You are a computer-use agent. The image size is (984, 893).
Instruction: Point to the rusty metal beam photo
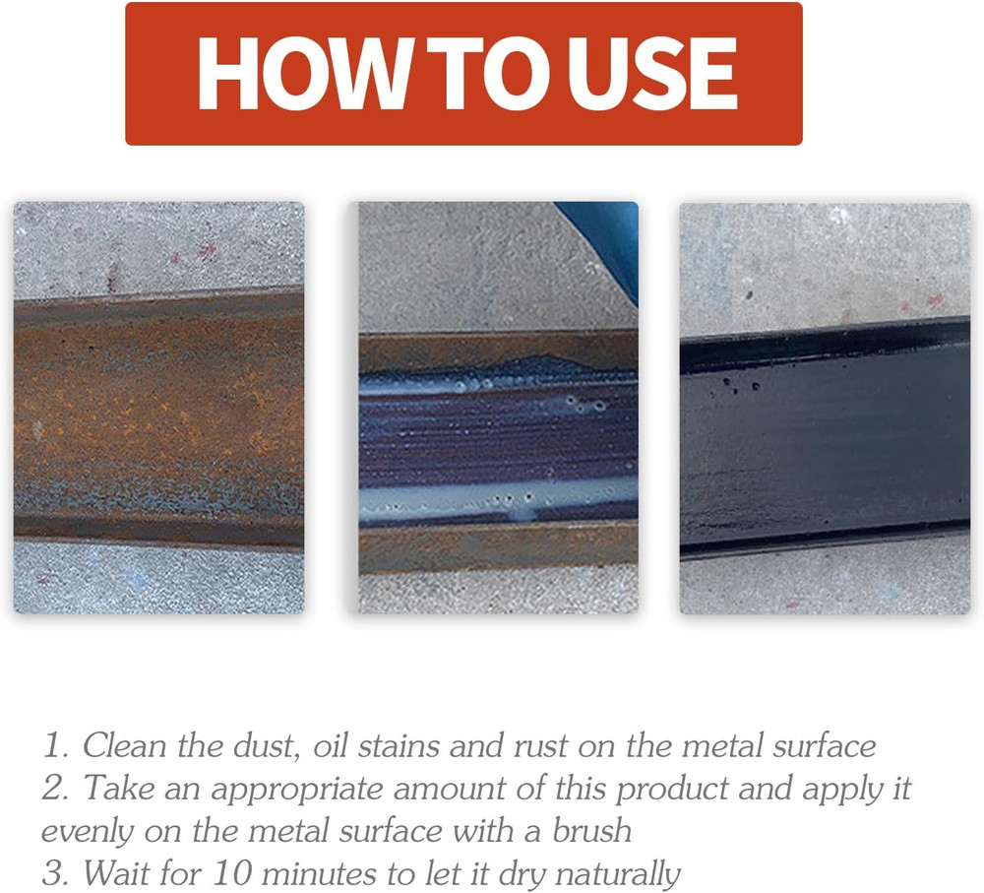(x=158, y=408)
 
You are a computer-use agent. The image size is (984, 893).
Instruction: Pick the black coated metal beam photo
(x=825, y=408)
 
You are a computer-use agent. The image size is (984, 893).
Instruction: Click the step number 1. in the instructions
(x=55, y=745)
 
